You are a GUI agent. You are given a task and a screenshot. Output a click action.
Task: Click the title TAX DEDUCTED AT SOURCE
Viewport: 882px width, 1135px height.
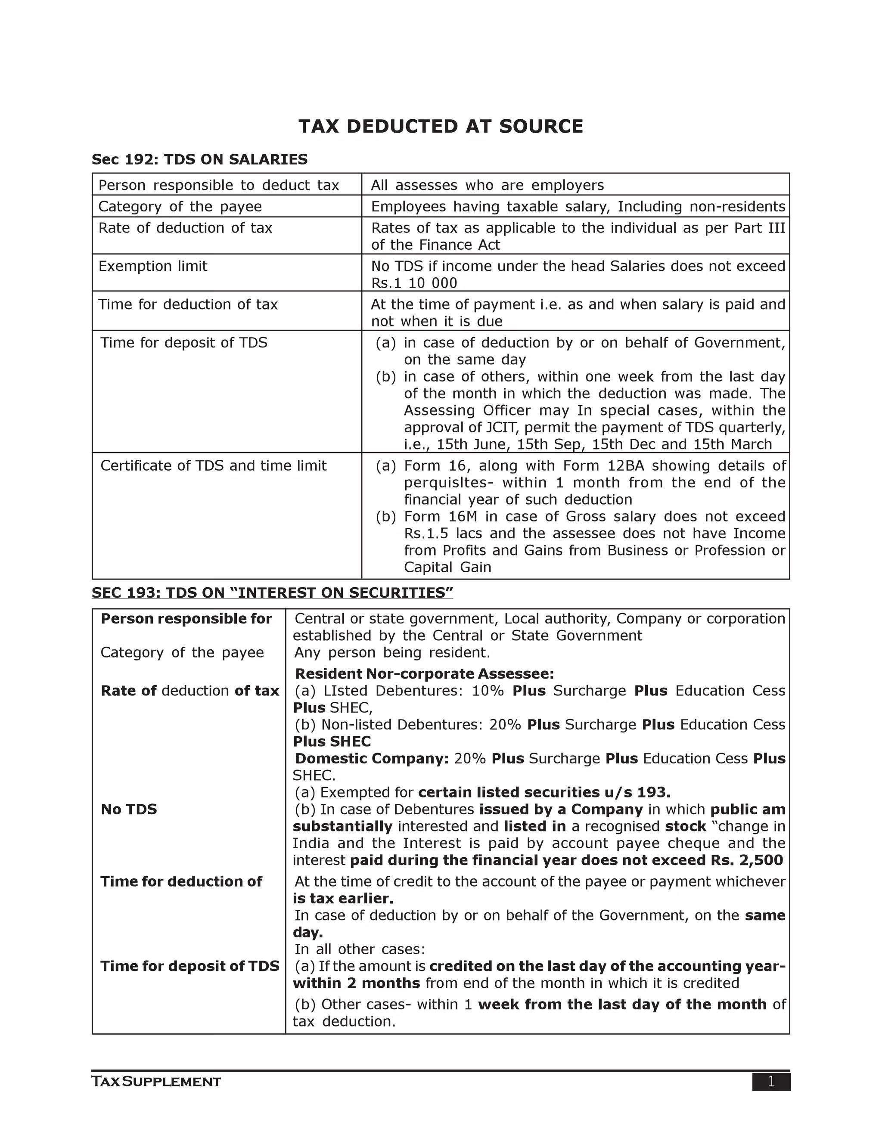(441, 127)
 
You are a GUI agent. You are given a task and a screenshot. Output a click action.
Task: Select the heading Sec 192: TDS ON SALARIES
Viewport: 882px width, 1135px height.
(199, 160)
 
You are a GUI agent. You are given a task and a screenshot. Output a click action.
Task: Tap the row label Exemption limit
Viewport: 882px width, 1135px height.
(153, 267)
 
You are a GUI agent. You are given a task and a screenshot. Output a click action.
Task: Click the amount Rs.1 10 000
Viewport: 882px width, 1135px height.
(414, 283)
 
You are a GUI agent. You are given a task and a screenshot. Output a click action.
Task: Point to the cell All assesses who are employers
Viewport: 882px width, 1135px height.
(487, 186)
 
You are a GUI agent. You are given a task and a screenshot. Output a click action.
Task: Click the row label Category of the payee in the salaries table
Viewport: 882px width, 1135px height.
(180, 207)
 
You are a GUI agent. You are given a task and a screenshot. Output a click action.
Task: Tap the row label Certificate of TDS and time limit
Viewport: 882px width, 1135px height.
(213, 465)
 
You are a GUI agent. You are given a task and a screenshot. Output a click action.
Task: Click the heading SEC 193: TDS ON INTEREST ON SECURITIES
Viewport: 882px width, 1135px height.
(272, 593)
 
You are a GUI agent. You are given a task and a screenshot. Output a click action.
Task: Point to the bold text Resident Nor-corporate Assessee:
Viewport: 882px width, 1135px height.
(424, 674)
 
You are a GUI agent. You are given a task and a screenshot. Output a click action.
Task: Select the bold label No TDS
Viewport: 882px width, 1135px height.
(129, 809)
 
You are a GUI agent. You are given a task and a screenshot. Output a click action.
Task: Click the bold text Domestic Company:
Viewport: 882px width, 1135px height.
(372, 759)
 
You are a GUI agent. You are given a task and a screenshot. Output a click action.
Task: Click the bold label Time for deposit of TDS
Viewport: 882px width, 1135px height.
(189, 966)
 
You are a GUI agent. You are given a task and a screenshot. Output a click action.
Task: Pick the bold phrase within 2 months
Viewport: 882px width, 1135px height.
(357, 983)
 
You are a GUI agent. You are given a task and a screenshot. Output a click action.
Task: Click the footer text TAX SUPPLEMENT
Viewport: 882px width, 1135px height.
(156, 1082)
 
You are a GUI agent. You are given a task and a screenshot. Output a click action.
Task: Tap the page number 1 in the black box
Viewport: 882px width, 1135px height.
(771, 1082)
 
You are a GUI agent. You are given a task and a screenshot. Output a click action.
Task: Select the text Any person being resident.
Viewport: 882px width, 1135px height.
(392, 653)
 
